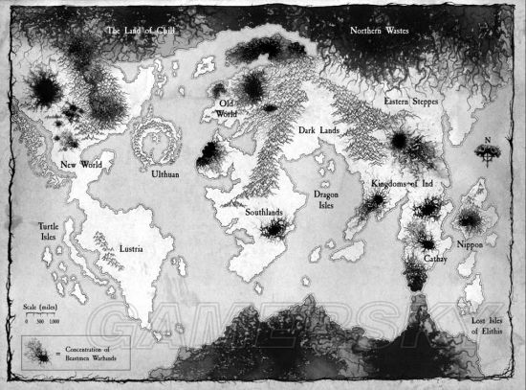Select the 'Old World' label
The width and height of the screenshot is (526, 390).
(228, 108)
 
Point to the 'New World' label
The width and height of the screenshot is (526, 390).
(81, 164)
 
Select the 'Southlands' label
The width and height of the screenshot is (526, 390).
(263, 213)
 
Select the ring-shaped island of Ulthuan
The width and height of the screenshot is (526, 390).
(155, 144)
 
